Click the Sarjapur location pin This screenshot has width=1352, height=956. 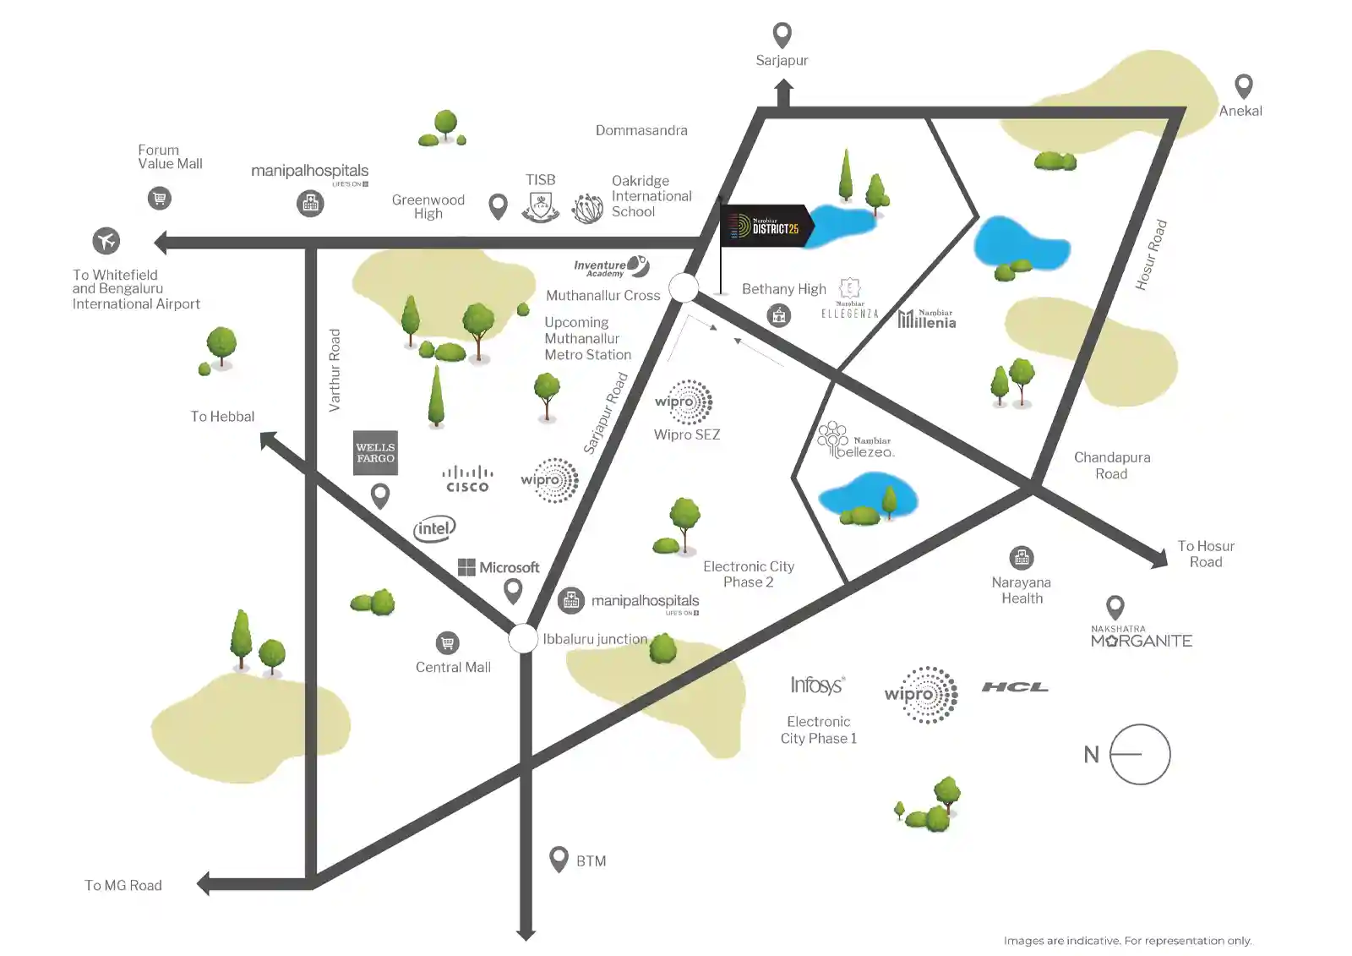click(782, 35)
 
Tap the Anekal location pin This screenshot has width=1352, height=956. click(1243, 85)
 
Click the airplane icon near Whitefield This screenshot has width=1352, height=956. click(106, 241)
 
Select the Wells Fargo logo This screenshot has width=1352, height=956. click(375, 453)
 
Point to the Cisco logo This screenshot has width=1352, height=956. click(467, 479)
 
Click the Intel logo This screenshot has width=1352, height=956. click(434, 529)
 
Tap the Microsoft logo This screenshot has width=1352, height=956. click(499, 567)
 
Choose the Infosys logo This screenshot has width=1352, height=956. click(817, 685)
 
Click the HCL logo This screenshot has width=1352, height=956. click(1015, 687)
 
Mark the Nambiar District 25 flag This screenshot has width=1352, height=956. click(766, 227)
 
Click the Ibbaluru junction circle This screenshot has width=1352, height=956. click(524, 638)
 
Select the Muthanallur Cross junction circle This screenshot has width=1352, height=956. click(684, 288)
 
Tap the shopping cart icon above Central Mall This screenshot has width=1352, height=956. click(448, 643)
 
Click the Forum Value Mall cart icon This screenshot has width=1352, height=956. click(159, 199)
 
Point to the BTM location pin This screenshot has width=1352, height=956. click(559, 859)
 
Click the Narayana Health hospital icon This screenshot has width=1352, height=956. click(1022, 558)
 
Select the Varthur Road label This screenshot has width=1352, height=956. click(335, 370)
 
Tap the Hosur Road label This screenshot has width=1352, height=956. click(1151, 255)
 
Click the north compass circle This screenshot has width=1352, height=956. click(1139, 754)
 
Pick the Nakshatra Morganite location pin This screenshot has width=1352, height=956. click(1115, 606)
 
